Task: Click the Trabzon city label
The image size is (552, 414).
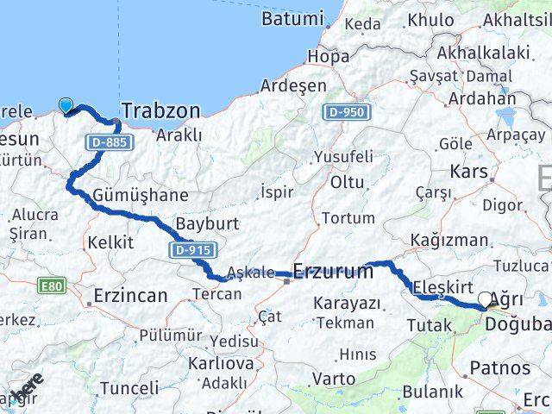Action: click(x=161, y=110)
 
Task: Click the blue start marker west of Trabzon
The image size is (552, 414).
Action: click(x=66, y=106)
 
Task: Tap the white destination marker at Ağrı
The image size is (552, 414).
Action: click(x=485, y=300)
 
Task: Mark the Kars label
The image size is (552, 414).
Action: click(x=469, y=171)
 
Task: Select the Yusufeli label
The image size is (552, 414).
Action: click(x=343, y=157)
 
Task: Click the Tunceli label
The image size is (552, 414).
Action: click(x=130, y=388)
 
